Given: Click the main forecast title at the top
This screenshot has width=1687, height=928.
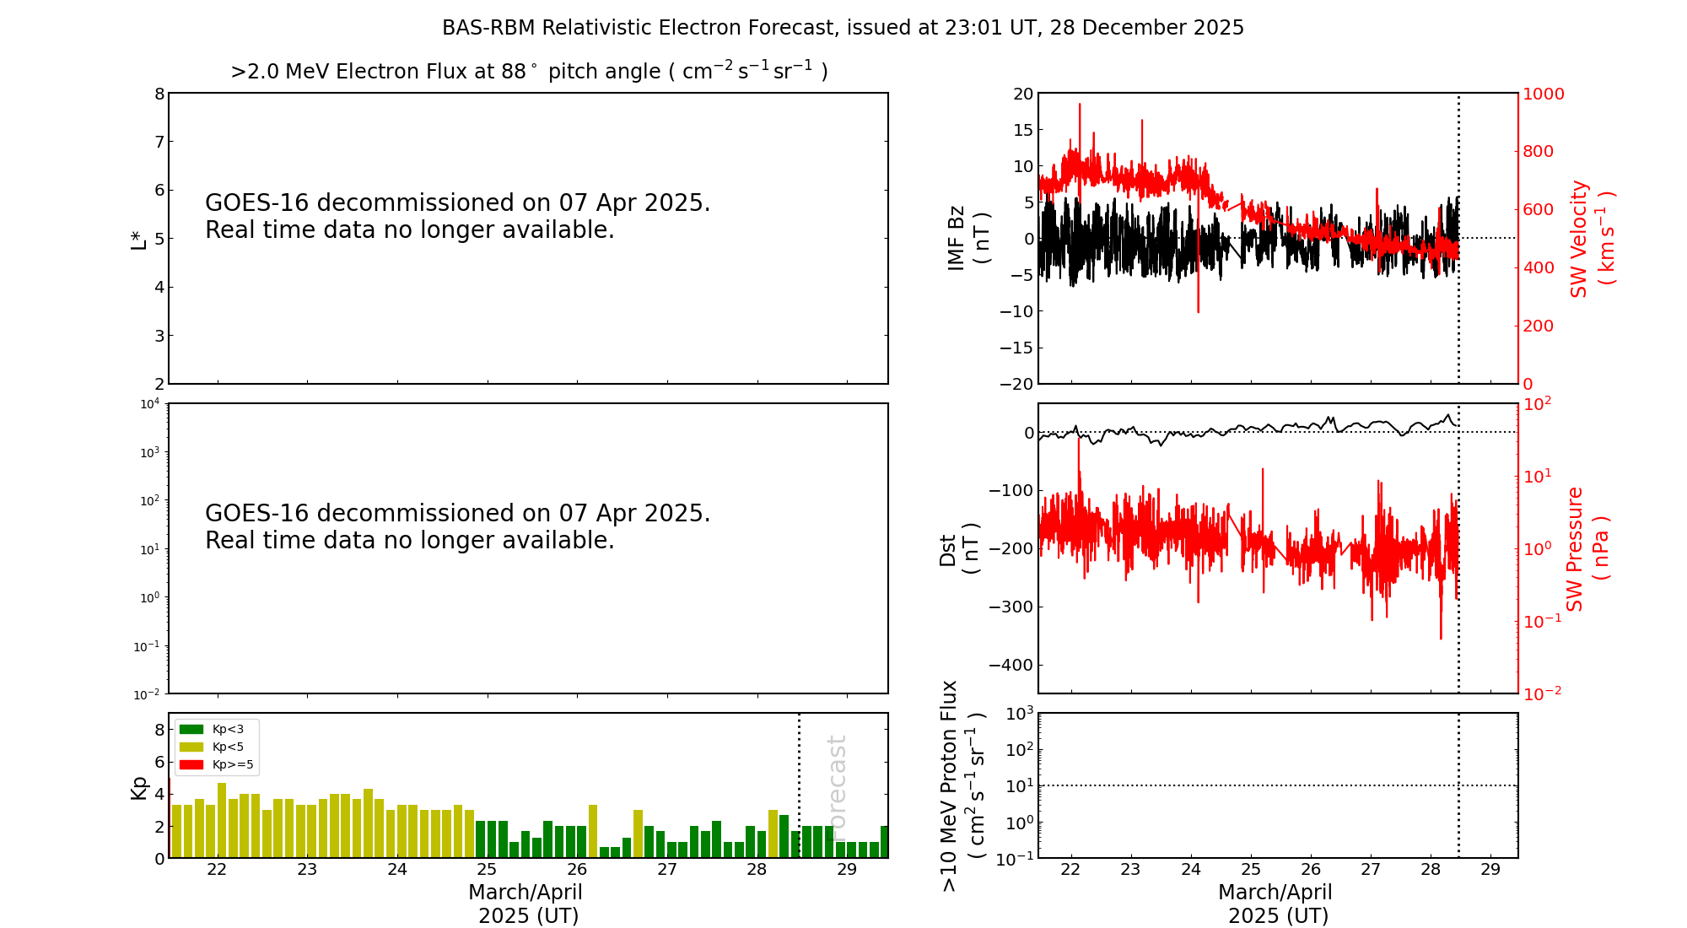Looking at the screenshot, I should coord(843,28).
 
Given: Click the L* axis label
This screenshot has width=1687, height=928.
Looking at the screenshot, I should coord(138,239).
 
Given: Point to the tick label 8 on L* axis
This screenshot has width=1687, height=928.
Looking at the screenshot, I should coord(159,94).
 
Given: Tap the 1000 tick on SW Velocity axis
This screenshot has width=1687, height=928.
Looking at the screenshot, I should coord(1542,94).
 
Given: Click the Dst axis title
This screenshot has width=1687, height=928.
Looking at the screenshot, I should coord(958,548).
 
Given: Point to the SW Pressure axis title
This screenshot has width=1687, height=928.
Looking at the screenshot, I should coord(1587,548).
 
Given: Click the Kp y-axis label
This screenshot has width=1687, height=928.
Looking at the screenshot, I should coord(138,787).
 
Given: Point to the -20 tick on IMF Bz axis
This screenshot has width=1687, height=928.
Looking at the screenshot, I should coord(1016,384).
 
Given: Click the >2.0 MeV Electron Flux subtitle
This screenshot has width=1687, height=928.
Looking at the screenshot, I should coord(529,72).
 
